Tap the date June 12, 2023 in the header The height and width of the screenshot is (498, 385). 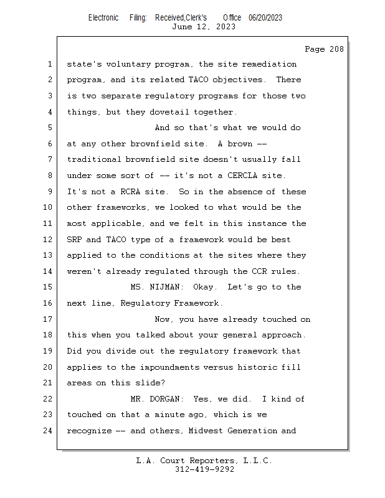pyautogui.click(x=204, y=27)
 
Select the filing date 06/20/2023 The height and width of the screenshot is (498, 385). pyautogui.click(x=265, y=17)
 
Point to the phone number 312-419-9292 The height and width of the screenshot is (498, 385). pyautogui.click(x=204, y=469)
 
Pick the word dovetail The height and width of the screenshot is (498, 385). pyautogui.click(x=171, y=112)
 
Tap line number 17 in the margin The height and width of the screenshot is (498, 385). pyautogui.click(x=49, y=319)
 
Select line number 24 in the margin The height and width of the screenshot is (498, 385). pyautogui.click(x=49, y=431)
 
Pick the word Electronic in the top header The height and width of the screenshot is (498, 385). pyautogui.click(x=103, y=17)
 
